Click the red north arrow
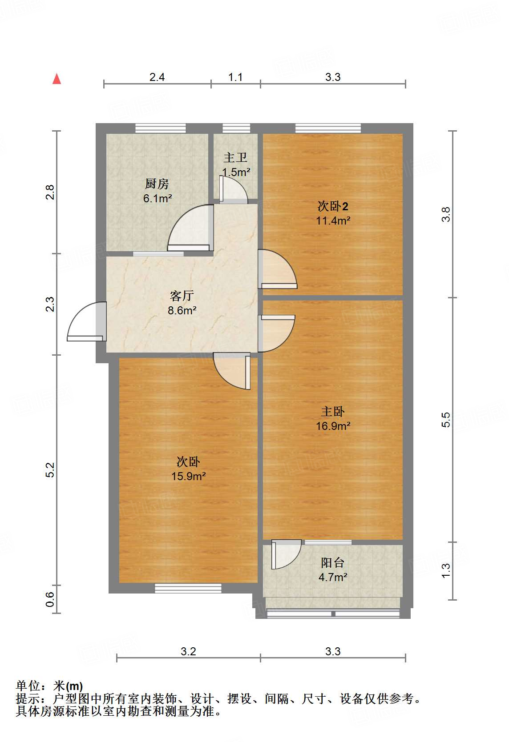coord(57,79)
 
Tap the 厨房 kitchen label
coord(157,184)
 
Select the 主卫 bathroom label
coord(235,157)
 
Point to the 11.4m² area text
coord(333,221)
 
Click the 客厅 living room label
coord(182,296)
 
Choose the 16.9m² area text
coord(333,426)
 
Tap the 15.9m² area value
coord(188,476)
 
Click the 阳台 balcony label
coord(333,563)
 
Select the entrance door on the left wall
coord(87,321)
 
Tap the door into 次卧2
coord(278,269)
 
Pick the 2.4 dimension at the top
coord(157,77)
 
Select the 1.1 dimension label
coord(235,77)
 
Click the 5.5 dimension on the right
coord(446,420)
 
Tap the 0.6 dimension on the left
coord(49,599)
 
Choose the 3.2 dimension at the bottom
coord(188,652)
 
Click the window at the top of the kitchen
coord(161,128)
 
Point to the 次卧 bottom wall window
coord(188,588)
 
